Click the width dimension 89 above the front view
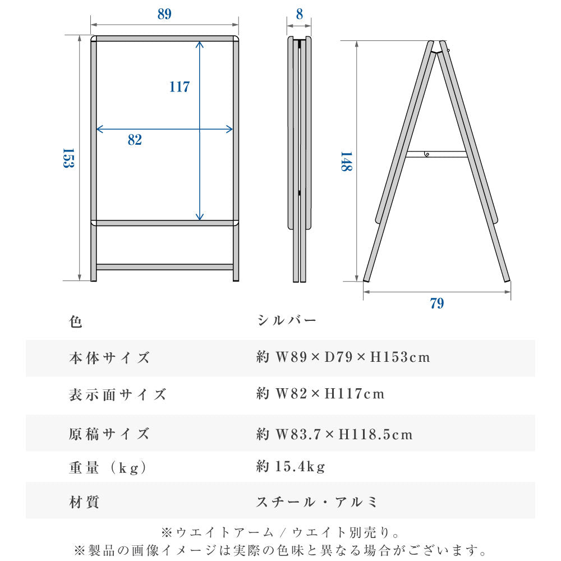[x=164, y=15]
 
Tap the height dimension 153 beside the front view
[x=68, y=159]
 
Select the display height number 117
[x=180, y=87]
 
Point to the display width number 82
[x=135, y=140]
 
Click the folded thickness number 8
[x=300, y=15]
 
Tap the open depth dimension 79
[x=437, y=304]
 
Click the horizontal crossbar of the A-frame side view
[x=436, y=154]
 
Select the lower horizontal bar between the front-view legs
[x=164, y=267]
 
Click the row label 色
[x=76, y=322]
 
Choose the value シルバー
[x=287, y=320]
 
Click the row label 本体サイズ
[x=109, y=358]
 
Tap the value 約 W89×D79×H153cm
[x=343, y=357]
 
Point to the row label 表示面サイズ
[x=118, y=394]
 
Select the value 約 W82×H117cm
[x=321, y=394]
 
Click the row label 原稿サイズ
[x=109, y=434]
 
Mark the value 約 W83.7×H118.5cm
[x=335, y=434]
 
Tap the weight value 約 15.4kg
[x=291, y=466]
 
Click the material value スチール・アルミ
[x=317, y=502]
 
